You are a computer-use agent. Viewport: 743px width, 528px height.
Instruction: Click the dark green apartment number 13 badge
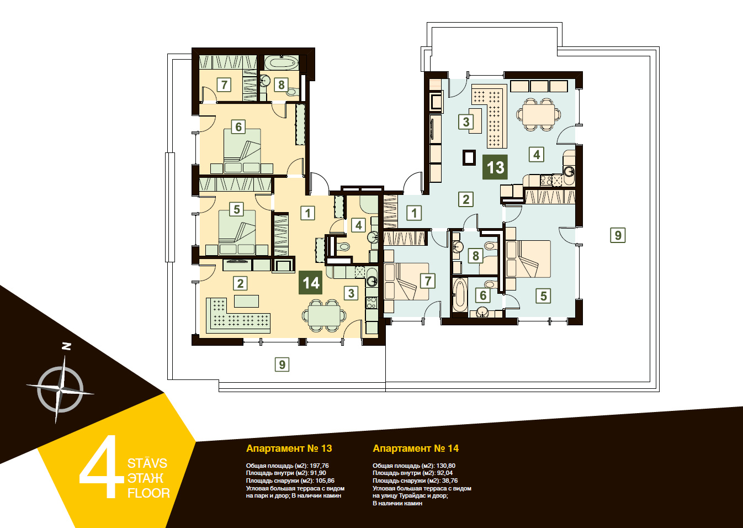pos(495,167)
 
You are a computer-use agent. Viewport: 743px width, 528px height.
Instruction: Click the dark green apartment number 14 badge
pos(310,282)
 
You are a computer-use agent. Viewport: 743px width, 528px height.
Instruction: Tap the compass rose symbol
pos(60,389)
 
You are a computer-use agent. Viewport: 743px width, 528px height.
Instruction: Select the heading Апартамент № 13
pos(289,448)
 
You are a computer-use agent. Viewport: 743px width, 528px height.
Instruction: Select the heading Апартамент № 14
pos(416,448)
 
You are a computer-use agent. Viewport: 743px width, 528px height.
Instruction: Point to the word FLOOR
pos(148,493)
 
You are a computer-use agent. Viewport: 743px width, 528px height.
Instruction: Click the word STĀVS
pos(147,463)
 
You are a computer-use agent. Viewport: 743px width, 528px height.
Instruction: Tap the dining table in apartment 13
pos(538,114)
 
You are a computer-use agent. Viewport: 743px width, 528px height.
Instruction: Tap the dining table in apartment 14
pos(324,315)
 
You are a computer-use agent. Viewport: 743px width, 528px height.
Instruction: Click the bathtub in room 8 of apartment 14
pos(281,63)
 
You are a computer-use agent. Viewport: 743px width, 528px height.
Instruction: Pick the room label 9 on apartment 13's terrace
pos(618,235)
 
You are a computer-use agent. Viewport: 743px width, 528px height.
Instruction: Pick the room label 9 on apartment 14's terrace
pos(282,365)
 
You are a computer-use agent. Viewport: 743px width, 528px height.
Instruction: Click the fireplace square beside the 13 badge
pos(469,157)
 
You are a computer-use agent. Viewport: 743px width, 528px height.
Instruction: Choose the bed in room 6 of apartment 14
pos(242,151)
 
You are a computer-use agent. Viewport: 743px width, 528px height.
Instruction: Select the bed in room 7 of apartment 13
pos(407,282)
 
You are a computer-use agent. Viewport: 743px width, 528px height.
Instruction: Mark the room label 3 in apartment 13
pos(466,122)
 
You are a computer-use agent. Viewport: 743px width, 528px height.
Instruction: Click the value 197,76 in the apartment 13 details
pos(319,466)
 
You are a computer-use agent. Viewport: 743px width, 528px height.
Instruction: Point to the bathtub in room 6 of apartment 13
pos(460,295)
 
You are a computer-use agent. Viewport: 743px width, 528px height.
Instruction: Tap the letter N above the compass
pos(67,346)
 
